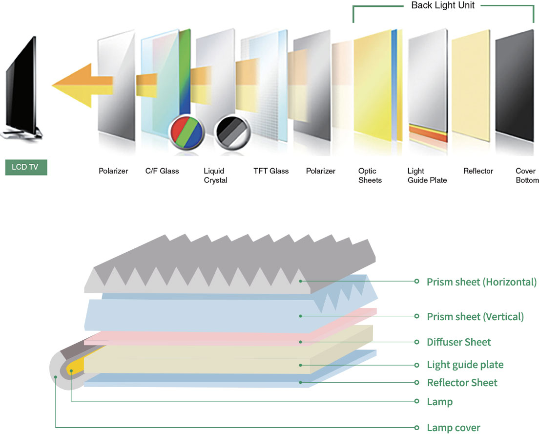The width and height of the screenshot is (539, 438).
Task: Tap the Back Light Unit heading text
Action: coord(443,6)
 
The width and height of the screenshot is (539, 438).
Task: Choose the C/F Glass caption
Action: coord(162,171)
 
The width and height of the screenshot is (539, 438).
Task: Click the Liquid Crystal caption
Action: coord(215,175)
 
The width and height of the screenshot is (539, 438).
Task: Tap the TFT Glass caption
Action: coord(271,171)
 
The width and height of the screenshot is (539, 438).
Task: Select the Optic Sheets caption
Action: coord(370,175)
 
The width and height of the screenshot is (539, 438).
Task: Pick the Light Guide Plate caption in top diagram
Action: coord(427,175)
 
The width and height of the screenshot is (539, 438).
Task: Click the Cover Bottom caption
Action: coord(526,175)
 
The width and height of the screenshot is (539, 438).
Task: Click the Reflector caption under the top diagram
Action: coord(478,171)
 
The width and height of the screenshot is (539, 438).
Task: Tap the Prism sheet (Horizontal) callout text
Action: coord(481,282)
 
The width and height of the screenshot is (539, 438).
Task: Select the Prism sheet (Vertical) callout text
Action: coord(475,317)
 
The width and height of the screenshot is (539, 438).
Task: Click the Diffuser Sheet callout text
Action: coord(458,342)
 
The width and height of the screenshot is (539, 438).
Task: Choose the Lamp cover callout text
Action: coord(453,428)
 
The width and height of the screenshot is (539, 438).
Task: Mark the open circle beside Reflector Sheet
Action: coord(416,382)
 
